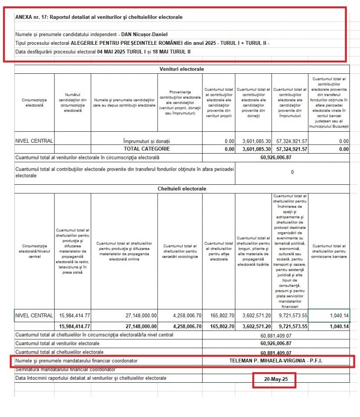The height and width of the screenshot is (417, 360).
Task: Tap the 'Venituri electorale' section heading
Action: pyautogui.click(x=181, y=69)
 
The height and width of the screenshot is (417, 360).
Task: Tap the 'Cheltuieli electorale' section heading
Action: pyautogui.click(x=181, y=189)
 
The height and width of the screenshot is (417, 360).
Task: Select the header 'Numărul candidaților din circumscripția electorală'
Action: pyautogui.click(x=73, y=102)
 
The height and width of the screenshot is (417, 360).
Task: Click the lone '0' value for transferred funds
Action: pyautogui.click(x=292, y=172)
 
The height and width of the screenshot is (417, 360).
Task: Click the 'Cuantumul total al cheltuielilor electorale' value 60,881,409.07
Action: pyautogui.click(x=276, y=352)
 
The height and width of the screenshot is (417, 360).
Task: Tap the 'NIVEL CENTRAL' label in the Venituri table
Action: pyautogui.click(x=34, y=141)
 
